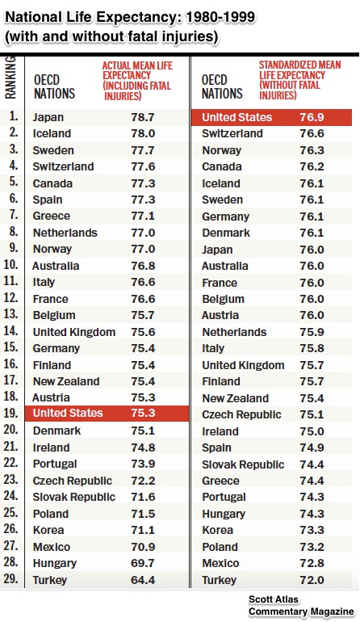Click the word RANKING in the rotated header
pyautogui.click(x=10, y=78)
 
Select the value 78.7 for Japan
pyautogui.click(x=143, y=117)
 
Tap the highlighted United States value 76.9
pyautogui.click(x=312, y=117)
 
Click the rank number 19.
pyautogui.click(x=10, y=413)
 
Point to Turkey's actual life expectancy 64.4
pyautogui.click(x=143, y=580)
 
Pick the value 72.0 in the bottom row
pyautogui.click(x=312, y=580)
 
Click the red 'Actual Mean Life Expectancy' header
pyautogui.click(x=137, y=81)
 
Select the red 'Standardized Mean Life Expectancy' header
pyautogui.click(x=299, y=80)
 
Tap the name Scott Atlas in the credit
pyautogui.click(x=274, y=599)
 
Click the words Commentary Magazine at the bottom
pyautogui.click(x=301, y=611)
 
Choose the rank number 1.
pyautogui.click(x=14, y=116)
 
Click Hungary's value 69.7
pyautogui.click(x=143, y=563)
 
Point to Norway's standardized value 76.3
pyautogui.click(x=312, y=150)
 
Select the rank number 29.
pyautogui.click(x=10, y=578)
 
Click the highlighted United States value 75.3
pyautogui.click(x=143, y=413)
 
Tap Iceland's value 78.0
pyautogui.click(x=143, y=133)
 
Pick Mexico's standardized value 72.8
pyautogui.click(x=312, y=563)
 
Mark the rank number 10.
pyautogui.click(x=10, y=264)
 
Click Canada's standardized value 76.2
pyautogui.click(x=312, y=166)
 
